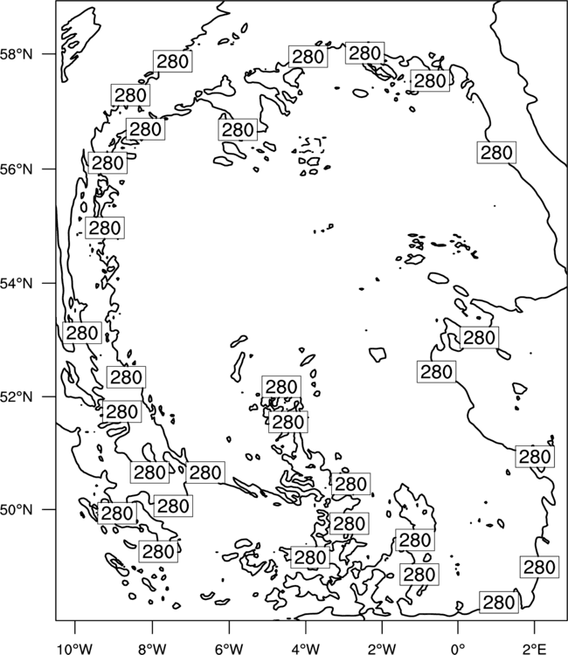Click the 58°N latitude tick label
coord(17,54)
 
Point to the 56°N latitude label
coord(17,169)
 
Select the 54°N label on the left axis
coord(17,283)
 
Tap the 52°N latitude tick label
coord(17,396)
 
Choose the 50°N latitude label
coord(17,510)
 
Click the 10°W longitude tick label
coord(75,649)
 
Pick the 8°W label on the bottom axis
coord(152,649)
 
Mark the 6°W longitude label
coord(229,649)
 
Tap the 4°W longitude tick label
coord(305,649)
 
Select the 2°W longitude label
coord(382,649)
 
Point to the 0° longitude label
coord(458,649)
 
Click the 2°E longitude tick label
coord(535,649)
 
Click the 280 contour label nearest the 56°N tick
coord(107,162)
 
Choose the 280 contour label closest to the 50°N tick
coord(117,513)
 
